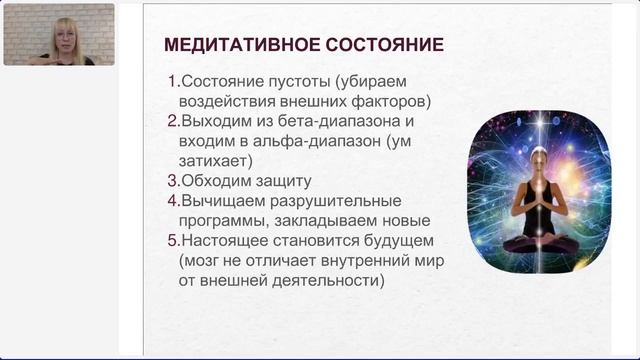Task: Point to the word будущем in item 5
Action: (x=399, y=241)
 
